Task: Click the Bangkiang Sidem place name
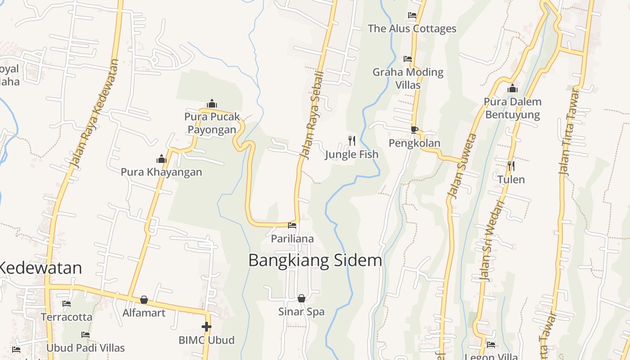(315, 261)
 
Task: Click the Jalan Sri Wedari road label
(492, 241)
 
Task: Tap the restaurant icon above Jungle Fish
(352, 141)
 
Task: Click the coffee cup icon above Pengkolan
(414, 130)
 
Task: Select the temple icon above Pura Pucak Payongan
(212, 104)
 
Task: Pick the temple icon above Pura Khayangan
(162, 159)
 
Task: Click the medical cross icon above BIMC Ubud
(207, 327)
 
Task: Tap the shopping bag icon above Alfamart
(144, 300)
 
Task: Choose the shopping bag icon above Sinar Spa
(301, 298)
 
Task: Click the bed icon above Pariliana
(292, 225)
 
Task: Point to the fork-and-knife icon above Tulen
(511, 166)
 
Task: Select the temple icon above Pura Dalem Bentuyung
(513, 89)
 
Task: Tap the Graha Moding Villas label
(408, 78)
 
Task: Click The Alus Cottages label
(412, 29)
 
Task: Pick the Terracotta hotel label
(67, 317)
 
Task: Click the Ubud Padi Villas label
(85, 348)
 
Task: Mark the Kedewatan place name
(40, 268)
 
